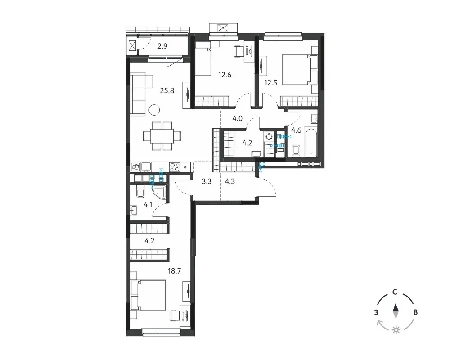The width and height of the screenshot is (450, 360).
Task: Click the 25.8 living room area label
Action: (167, 91)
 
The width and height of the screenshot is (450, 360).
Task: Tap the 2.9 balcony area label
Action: (162, 46)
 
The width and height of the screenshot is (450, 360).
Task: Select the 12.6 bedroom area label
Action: (225, 75)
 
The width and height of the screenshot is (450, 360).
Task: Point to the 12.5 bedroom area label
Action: (270, 83)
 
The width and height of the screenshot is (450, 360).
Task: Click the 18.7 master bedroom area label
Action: (175, 271)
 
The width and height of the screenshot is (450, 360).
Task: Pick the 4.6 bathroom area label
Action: (296, 130)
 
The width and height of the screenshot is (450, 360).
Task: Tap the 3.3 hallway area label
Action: (207, 181)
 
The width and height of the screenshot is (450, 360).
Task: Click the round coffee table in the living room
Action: (154, 109)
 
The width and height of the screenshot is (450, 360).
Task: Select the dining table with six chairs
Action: (162, 136)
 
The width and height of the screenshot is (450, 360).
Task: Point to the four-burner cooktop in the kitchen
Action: (175, 167)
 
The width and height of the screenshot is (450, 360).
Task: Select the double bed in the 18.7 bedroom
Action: (148, 295)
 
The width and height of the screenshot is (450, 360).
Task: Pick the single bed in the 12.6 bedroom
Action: (203, 58)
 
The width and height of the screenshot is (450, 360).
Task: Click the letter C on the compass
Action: (395, 292)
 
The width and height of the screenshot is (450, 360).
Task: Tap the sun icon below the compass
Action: (396, 330)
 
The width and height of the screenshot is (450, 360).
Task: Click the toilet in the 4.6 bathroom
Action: (296, 151)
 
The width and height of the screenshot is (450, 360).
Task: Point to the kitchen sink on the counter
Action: (146, 167)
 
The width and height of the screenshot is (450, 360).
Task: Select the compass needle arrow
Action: (396, 311)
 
